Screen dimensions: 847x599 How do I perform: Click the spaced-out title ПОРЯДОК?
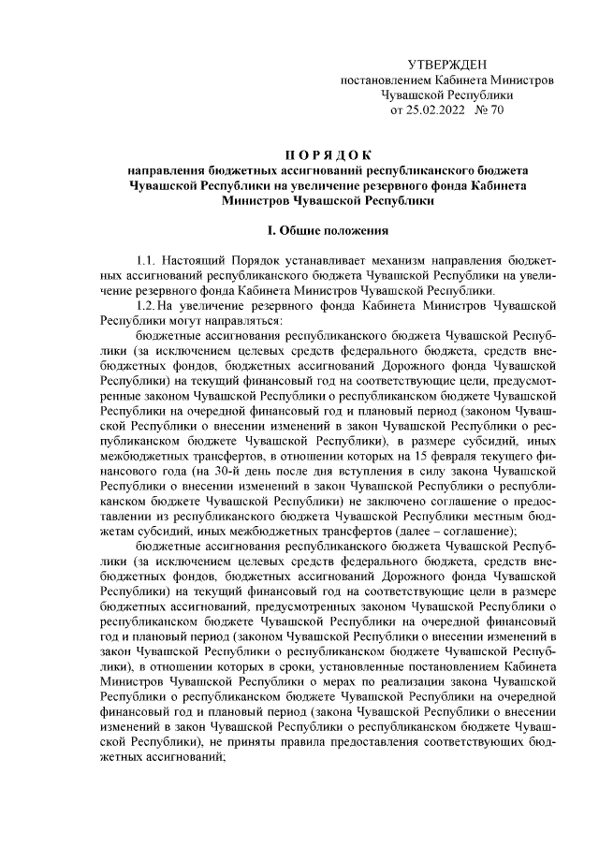tap(328, 154)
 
